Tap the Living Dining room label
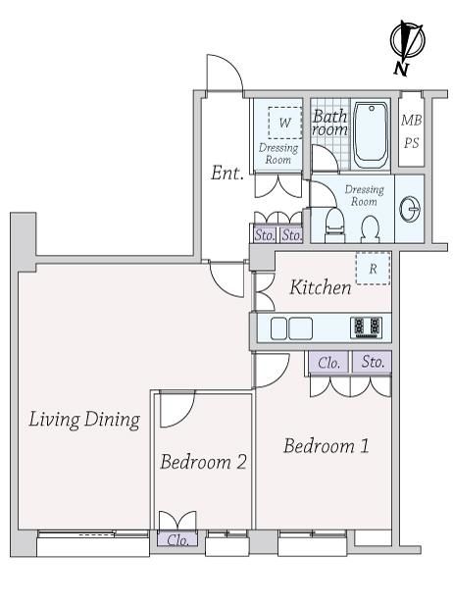click(x=84, y=419)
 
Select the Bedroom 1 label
click(x=327, y=446)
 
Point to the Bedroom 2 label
click(x=203, y=462)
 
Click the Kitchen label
click(x=321, y=287)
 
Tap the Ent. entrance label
click(x=227, y=173)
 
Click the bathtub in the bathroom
click(x=371, y=135)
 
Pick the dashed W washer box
click(x=285, y=123)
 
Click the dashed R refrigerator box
click(x=373, y=269)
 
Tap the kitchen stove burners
click(x=367, y=327)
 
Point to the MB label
click(x=412, y=121)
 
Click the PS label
click(x=412, y=143)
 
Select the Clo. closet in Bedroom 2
click(x=177, y=539)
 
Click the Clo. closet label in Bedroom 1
click(x=329, y=363)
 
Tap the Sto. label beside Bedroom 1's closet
click(x=373, y=362)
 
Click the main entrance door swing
click(x=225, y=74)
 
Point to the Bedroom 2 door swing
click(x=178, y=409)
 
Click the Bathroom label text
click(x=329, y=123)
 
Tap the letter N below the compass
click(x=401, y=70)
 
